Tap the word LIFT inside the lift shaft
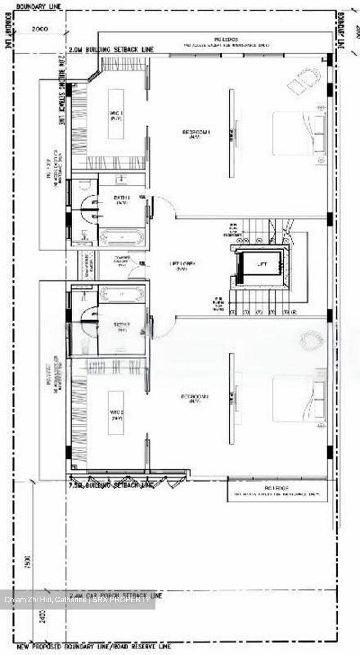tap(262, 264)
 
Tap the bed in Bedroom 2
tap(299, 398)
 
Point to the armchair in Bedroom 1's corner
tap(304, 80)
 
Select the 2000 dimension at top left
tap(40, 29)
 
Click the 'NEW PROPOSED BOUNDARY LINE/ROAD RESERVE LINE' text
tap(94, 646)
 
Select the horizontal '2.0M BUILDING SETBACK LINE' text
tap(110, 50)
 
